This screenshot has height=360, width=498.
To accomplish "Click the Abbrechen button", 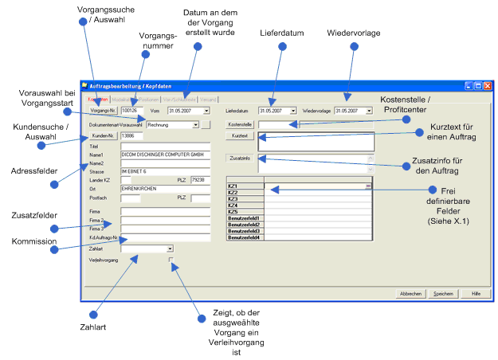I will (x=410, y=294).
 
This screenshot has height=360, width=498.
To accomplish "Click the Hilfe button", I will (x=476, y=294).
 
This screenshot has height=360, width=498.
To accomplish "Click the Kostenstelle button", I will (x=240, y=125).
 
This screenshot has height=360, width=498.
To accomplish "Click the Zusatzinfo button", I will (x=240, y=158).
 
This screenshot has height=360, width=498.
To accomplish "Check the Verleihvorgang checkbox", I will (x=171, y=260).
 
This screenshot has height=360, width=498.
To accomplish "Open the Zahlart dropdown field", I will (x=147, y=248).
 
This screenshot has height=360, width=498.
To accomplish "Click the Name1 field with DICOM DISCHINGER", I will (x=163, y=154).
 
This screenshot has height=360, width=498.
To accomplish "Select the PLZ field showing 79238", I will (x=201, y=180).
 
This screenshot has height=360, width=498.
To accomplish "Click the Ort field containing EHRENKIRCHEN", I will (x=163, y=189).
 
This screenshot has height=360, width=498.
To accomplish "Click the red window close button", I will (x=487, y=85).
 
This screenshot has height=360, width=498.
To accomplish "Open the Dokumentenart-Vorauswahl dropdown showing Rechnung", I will (x=173, y=124).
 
